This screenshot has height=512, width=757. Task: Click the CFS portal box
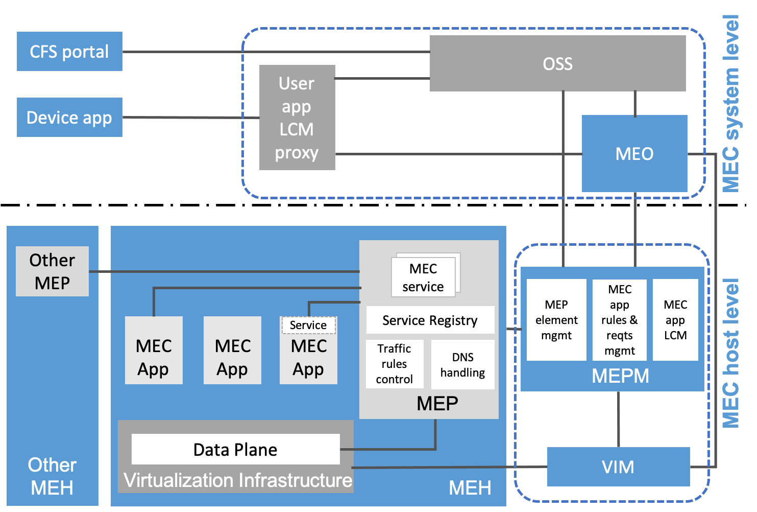[x=69, y=52]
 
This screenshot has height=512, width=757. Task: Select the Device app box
[x=69, y=118]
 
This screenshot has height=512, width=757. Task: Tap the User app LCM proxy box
[x=297, y=118]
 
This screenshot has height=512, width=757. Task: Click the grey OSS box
[x=557, y=63]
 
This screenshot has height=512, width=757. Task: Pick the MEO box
[x=634, y=154]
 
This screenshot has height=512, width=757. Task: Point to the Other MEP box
[x=52, y=271]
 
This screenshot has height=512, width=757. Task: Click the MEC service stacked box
[x=423, y=277]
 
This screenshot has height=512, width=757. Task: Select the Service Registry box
[x=430, y=320]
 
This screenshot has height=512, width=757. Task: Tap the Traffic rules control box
[x=395, y=364]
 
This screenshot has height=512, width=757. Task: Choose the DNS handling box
[x=463, y=365]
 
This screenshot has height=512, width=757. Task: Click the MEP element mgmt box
[x=556, y=320]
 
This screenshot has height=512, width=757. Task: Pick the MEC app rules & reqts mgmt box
[x=620, y=320]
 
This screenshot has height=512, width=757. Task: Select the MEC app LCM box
[x=675, y=320]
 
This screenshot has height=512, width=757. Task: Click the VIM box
[x=618, y=467]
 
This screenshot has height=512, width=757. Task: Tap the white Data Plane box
[x=235, y=450]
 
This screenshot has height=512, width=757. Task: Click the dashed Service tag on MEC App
[x=308, y=325]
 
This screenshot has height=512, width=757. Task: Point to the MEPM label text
[x=620, y=376]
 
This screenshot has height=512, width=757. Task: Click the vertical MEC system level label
[x=731, y=105]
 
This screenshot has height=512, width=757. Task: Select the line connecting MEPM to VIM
[x=618, y=419]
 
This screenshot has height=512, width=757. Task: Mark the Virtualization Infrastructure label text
[x=238, y=480]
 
